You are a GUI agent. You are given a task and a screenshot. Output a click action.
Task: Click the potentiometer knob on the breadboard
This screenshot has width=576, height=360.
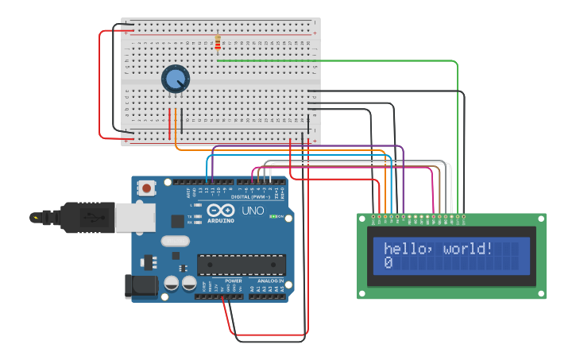(x=176, y=79)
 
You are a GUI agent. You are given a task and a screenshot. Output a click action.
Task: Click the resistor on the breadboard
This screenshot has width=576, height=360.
(x=218, y=43)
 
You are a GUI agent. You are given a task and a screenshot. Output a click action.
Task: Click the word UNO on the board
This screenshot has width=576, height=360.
(x=252, y=211)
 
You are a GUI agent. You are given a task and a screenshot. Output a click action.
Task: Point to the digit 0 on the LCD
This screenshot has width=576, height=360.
(x=388, y=262)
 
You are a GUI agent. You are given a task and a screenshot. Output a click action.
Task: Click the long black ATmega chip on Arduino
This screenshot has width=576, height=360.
(x=241, y=263)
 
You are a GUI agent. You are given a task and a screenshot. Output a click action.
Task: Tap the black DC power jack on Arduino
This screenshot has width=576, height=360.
(x=138, y=286)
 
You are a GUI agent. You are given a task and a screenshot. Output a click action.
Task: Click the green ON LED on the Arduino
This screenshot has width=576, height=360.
(x=274, y=216)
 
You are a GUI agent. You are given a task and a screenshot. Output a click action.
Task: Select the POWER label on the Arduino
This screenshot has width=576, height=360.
(x=234, y=281)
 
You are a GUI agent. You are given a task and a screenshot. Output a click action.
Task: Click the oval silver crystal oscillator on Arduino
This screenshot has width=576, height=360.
(x=176, y=241)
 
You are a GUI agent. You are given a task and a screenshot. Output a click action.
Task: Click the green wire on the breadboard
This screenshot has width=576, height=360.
(x=334, y=60)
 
